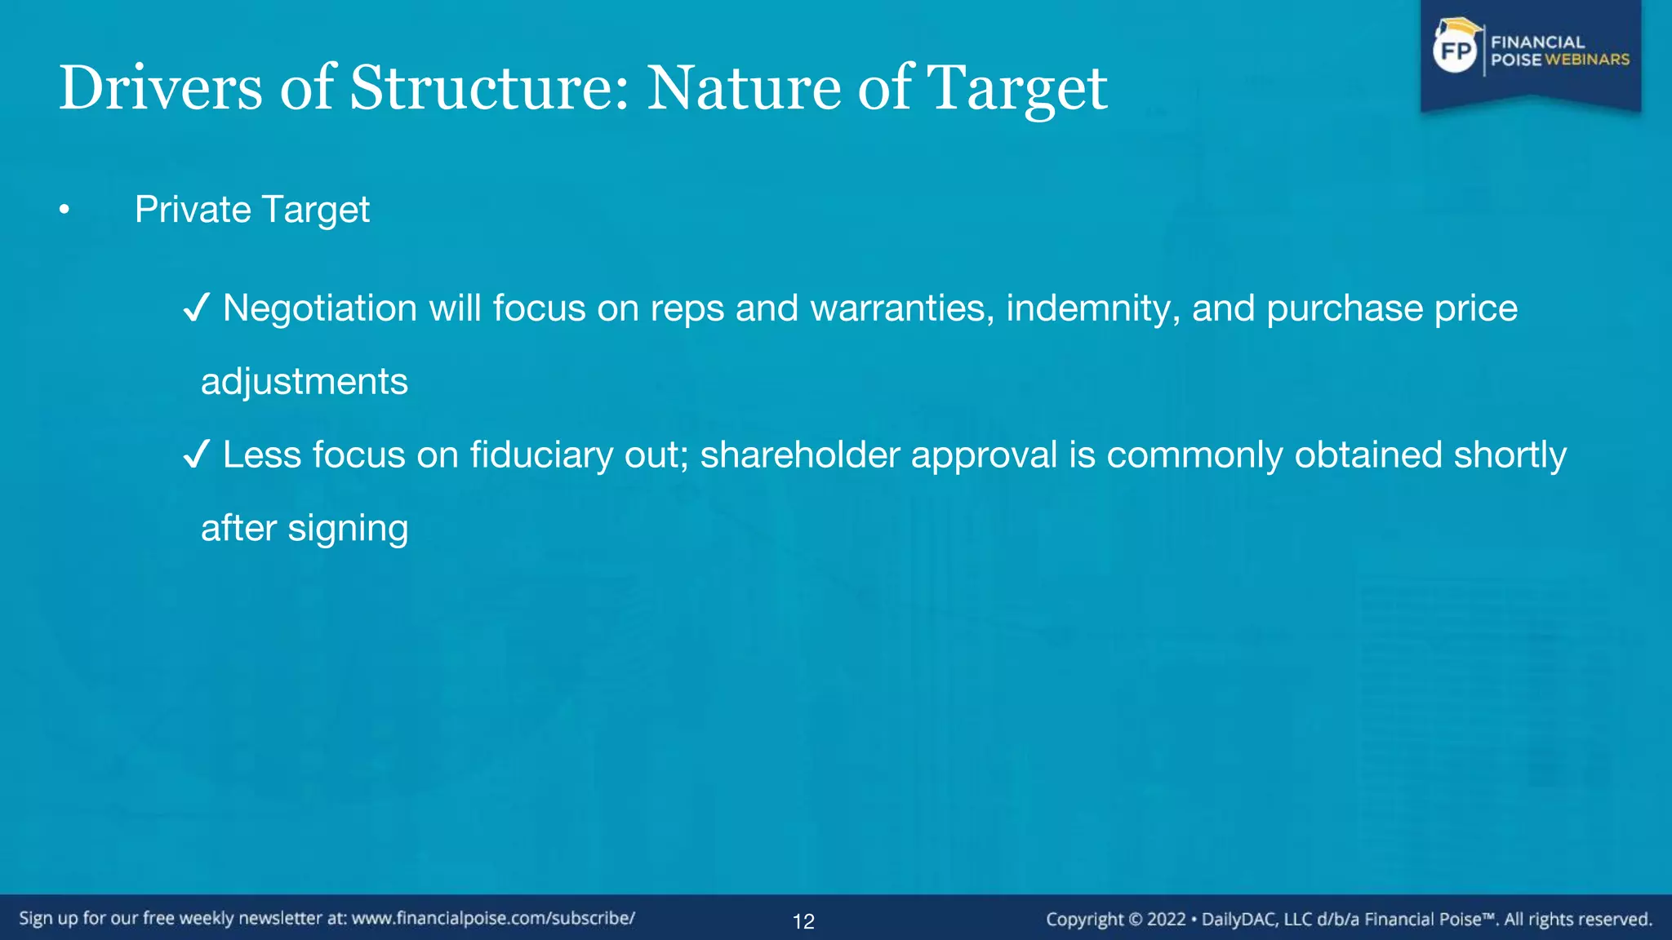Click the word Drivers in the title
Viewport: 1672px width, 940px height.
pos(160,88)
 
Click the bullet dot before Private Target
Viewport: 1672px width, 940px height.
pos(64,211)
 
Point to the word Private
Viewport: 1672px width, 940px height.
pos(193,210)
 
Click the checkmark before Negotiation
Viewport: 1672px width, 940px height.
pos(197,308)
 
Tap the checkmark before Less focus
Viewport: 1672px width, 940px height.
pos(197,454)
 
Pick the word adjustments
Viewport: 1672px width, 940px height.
pos(304,382)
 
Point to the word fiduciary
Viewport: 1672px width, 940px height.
pos(541,454)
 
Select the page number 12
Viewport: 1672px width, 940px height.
pos(803,921)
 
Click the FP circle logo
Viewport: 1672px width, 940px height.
pos(1456,51)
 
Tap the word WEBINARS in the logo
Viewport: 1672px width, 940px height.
pos(1587,60)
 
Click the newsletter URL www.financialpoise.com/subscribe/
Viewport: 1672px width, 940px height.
pos(493,918)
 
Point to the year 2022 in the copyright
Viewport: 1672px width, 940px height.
pos(1166,919)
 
